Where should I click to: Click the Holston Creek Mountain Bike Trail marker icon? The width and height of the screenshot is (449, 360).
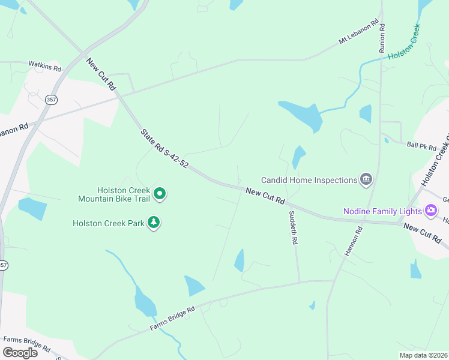click(x=160, y=194)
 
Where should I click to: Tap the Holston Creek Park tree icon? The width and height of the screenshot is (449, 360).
click(x=154, y=223)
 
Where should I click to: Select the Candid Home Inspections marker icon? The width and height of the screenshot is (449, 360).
click(x=366, y=179)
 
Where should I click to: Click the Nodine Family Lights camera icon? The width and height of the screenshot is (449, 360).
click(x=430, y=211)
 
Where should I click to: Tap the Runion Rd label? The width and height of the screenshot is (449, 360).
click(x=382, y=38)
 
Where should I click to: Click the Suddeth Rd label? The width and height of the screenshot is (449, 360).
click(x=293, y=227)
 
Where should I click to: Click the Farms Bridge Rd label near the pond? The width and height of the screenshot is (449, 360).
click(x=173, y=319)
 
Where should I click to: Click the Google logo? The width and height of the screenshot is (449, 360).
click(x=20, y=352)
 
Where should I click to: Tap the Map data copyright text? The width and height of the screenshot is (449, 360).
click(x=423, y=355)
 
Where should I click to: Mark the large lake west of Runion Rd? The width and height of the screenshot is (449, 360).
click(x=302, y=115)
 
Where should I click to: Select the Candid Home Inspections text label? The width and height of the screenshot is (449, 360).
click(x=308, y=180)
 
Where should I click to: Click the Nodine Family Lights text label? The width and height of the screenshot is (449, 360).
click(x=382, y=211)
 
